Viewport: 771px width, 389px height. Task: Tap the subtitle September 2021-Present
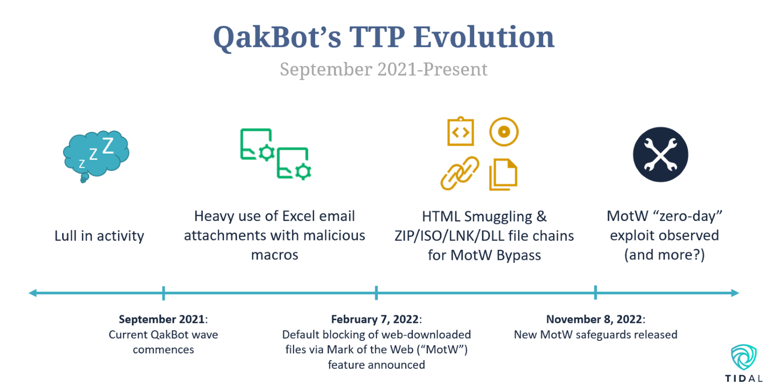[x=384, y=70]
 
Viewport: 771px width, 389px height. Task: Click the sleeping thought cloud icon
[x=96, y=154]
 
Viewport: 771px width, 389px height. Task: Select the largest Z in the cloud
[x=108, y=146]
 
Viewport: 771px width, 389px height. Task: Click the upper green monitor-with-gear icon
[x=257, y=144]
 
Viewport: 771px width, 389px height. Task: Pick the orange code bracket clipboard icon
[x=461, y=132]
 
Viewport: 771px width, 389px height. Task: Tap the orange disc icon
[x=504, y=132]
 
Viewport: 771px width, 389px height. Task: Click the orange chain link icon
[x=460, y=173]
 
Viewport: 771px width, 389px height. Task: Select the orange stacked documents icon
[x=503, y=174]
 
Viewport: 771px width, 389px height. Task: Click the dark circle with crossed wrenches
[x=660, y=154]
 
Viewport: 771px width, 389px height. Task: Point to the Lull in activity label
[x=99, y=236]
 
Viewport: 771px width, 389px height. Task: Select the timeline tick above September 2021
[x=163, y=293]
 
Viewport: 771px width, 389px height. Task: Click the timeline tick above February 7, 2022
[x=376, y=293]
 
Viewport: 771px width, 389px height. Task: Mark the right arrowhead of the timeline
[x=735, y=293]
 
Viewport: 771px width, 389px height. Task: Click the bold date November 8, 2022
[x=594, y=319]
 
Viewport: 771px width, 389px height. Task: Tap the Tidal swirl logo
[x=744, y=357]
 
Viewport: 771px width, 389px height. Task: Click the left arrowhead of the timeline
[x=33, y=293]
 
